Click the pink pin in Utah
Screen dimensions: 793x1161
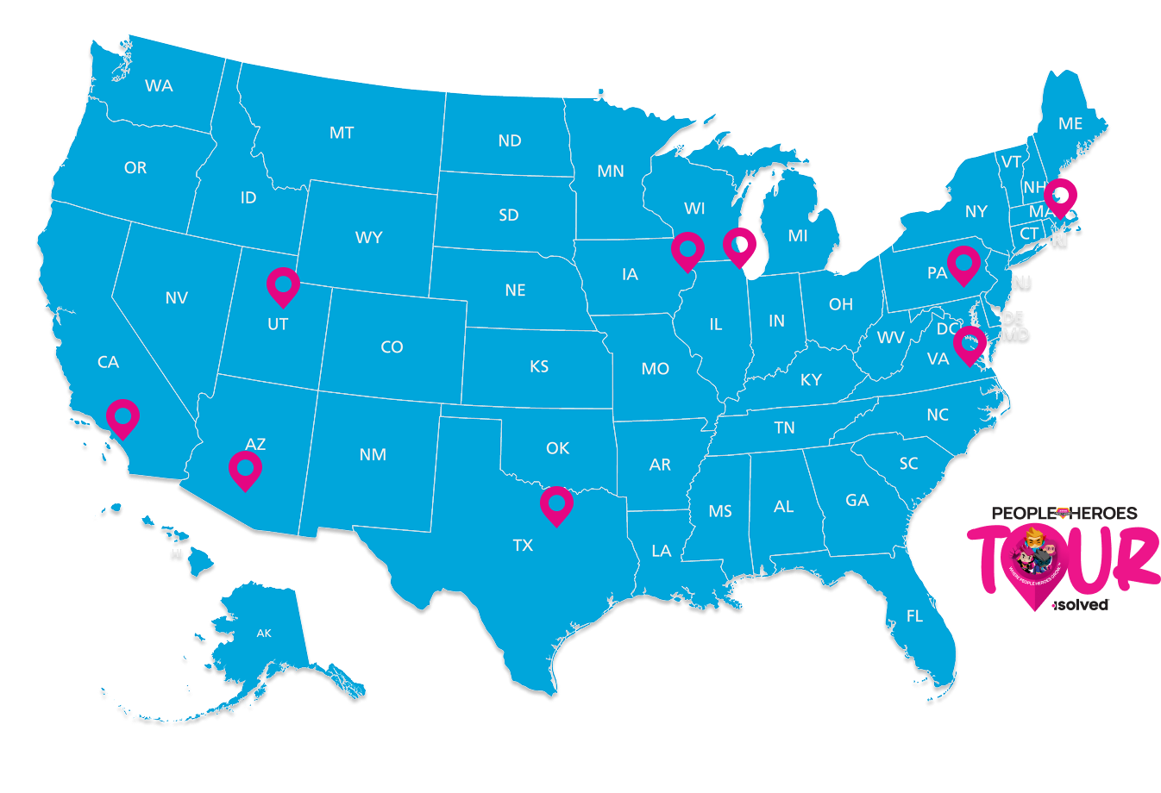click(283, 284)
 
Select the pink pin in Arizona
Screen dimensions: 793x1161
click(245, 469)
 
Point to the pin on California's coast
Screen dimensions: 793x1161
click(122, 416)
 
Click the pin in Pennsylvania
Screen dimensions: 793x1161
click(963, 262)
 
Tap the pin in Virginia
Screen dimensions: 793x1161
click(970, 343)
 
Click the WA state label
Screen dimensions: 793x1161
click(159, 85)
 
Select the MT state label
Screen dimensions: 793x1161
click(342, 133)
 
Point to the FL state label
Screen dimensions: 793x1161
click(914, 616)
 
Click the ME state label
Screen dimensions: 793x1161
click(1070, 124)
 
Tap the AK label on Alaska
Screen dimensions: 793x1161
click(264, 634)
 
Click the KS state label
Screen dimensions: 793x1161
click(539, 366)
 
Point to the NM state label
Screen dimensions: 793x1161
click(373, 454)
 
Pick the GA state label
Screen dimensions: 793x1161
click(857, 500)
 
